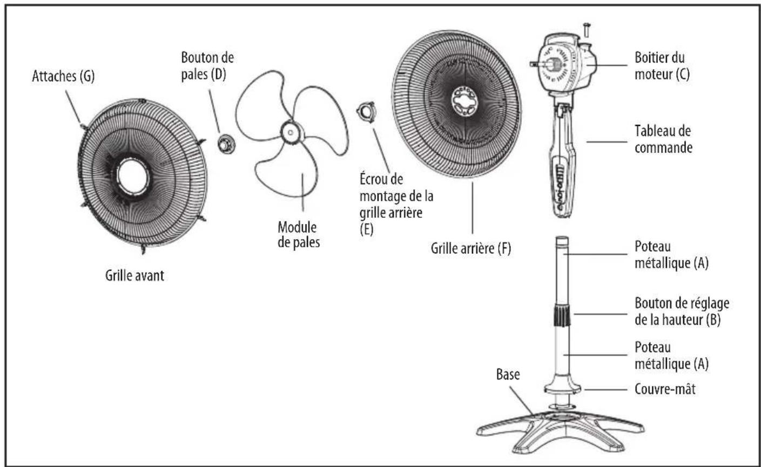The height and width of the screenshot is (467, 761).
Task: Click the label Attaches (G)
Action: click(63, 76)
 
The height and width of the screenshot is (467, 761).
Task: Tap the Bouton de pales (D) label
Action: click(207, 66)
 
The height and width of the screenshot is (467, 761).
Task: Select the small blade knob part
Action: click(226, 144)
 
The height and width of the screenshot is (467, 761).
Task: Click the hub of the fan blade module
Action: click(291, 132)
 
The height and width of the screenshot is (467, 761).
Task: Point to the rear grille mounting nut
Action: click(367, 112)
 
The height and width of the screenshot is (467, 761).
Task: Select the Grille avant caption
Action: click(134, 275)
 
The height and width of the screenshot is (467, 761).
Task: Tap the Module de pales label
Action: click(299, 235)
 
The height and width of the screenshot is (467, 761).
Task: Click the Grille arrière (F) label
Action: click(471, 248)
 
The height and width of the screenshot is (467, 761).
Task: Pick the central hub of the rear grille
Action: click(464, 101)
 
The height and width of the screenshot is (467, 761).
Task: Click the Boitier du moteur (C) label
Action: click(662, 66)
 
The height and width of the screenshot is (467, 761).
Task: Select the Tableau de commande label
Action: click(663, 139)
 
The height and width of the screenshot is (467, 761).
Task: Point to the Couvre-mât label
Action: click(665, 389)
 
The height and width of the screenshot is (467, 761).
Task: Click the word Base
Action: click(508, 374)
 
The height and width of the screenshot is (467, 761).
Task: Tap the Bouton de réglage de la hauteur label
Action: click(682, 312)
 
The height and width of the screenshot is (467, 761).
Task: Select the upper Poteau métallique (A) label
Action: click(672, 255)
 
